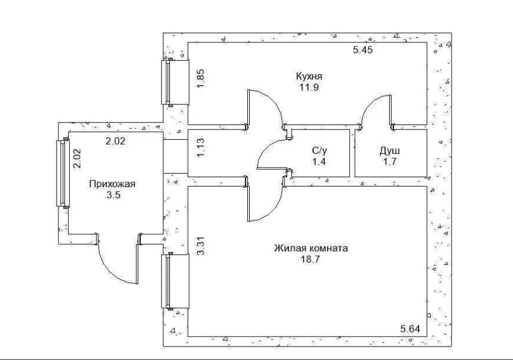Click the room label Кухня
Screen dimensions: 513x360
click(309, 77)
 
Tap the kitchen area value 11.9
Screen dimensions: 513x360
click(309, 88)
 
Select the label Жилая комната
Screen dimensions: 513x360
click(311, 248)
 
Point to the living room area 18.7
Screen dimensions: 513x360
click(310, 259)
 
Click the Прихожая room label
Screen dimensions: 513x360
click(112, 184)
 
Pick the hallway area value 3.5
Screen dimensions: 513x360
click(113, 195)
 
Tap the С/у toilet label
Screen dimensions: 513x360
click(319, 150)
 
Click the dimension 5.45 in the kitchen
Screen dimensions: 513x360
click(363, 50)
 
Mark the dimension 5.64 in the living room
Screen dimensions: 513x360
click(410, 329)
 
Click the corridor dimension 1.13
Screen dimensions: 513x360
click(201, 147)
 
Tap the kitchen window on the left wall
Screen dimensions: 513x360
click(175, 82)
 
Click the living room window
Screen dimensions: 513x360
click(175, 281)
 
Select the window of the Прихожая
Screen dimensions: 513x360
click(63, 174)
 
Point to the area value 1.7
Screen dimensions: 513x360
click(390, 162)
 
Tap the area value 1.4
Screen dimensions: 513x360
click(319, 162)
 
